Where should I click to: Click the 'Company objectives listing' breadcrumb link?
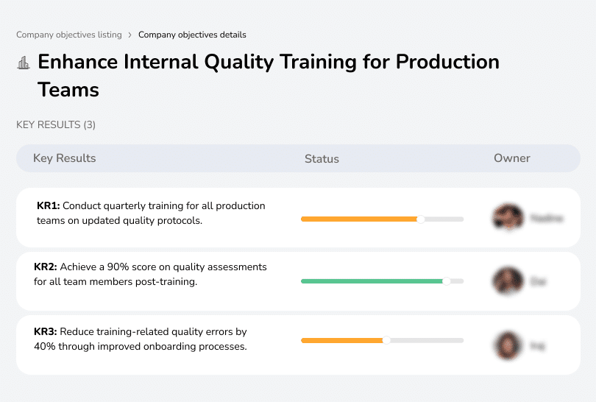point(68,35)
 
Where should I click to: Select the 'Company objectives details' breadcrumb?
point(192,35)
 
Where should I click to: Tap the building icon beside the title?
point(24,63)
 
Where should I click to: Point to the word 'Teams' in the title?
point(68,90)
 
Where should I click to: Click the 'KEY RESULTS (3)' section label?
point(56,125)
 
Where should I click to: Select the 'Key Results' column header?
point(65,158)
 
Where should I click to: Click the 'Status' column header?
point(322,158)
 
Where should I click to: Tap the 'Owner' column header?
point(512,158)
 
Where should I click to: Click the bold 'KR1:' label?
point(48,206)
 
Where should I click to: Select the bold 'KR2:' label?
point(46,267)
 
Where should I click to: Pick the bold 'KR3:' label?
point(46,331)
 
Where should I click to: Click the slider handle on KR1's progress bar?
point(421,219)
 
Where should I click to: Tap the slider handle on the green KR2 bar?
point(446,281)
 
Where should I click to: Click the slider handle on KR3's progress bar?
point(386,340)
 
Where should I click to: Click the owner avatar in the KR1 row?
point(508,218)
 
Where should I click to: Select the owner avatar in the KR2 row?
point(508,281)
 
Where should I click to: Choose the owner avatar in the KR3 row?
point(508,345)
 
